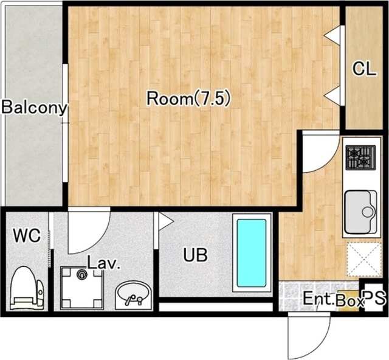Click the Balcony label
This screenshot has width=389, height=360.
coord(34,108)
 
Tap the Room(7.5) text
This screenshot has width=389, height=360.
coord(189,99)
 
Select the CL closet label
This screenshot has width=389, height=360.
coord(365,69)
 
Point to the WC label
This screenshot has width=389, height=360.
coord(27,235)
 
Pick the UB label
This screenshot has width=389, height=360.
coord(195,255)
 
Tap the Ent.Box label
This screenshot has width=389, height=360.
coord(334,300)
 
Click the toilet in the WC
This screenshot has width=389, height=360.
coord(27,288)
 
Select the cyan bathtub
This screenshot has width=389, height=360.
coord(252,252)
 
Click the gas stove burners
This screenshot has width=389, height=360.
coord(360,158)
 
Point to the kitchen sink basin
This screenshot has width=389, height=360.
coord(360,212)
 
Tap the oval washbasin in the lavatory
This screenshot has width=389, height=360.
coord(134,295)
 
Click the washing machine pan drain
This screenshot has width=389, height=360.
coord(81,274)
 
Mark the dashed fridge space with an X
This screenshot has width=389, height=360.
coord(365,260)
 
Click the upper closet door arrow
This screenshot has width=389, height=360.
coord(332,35)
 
